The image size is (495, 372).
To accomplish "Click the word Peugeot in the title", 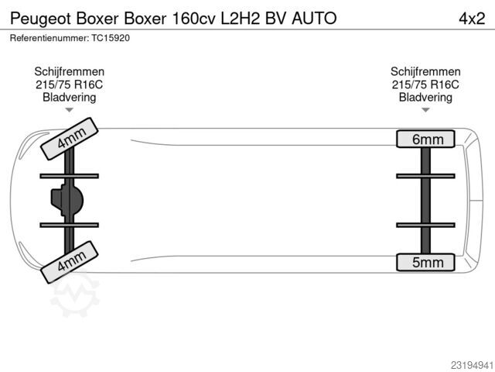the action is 41,19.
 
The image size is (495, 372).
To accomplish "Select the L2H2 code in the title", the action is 241,19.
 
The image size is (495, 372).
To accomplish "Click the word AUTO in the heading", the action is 314,19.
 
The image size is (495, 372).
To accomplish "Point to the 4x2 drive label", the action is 472,19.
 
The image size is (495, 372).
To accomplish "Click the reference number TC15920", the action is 111,38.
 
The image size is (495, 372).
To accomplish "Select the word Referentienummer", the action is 49,38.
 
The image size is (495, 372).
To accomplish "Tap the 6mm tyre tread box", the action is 425,139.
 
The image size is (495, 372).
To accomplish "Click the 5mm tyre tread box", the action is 425,262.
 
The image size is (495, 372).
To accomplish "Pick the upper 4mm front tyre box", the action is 70,139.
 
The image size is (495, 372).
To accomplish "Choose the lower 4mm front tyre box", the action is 70,262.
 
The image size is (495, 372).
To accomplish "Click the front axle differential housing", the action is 67,200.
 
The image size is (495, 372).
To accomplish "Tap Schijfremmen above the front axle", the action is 69,71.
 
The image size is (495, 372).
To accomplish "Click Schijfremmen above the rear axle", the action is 425,71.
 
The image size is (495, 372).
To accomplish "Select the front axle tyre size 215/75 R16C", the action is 69,84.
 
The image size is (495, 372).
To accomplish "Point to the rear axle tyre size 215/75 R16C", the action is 425,84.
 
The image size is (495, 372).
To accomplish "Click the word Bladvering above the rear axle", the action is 425,98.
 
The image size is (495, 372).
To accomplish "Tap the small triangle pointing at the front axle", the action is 69,110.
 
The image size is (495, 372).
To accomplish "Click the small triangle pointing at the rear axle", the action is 425,110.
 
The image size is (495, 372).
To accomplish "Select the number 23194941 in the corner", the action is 472,365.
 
